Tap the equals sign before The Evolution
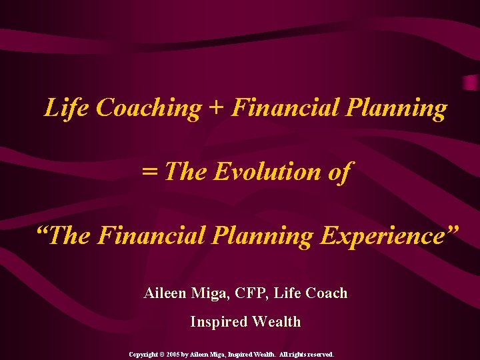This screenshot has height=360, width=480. click(150, 172)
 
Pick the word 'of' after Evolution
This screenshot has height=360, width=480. click(339, 172)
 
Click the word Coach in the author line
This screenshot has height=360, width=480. click(327, 293)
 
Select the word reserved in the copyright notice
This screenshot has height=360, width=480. click(319, 355)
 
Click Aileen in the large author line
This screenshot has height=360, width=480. click(166, 293)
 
